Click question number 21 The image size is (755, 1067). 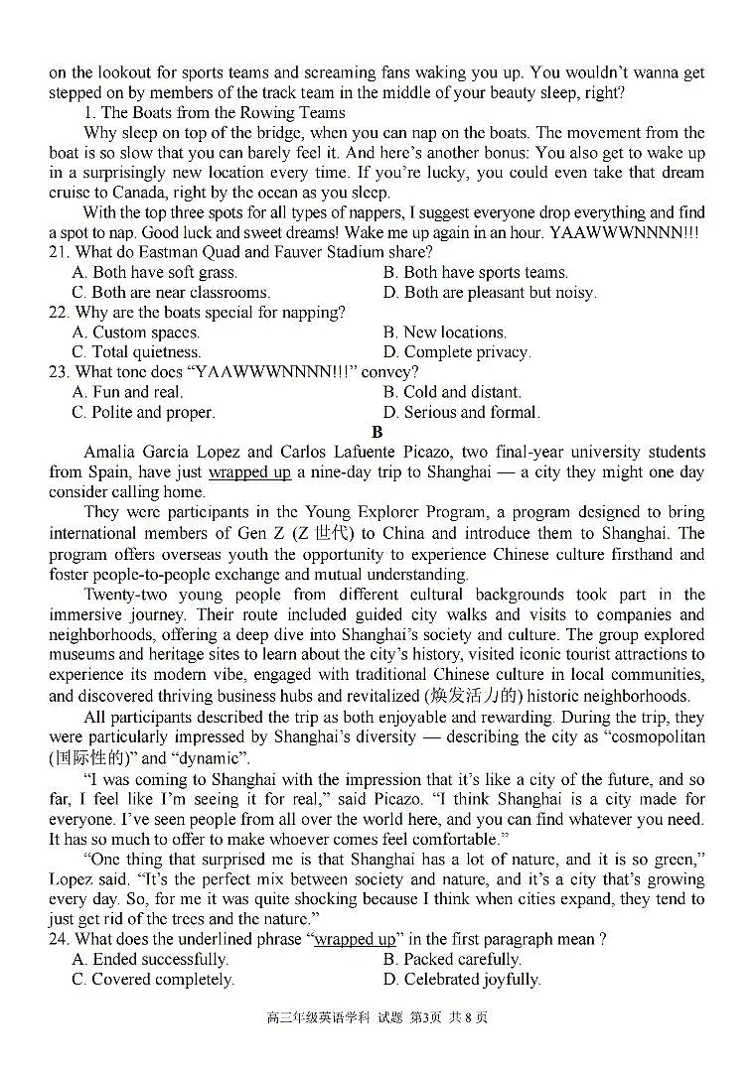pos(59,252)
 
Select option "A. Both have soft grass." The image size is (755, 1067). pos(154,272)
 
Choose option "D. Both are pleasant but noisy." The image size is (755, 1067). pos(489,292)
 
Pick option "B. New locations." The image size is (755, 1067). pos(444,333)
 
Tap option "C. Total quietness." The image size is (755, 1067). pos(136,352)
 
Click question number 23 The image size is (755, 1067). pos(59,372)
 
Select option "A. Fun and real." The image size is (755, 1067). pos(127,392)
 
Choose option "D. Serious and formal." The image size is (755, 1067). pos(461,412)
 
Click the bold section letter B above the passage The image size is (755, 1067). pos(377,432)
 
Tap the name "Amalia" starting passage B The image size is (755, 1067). pos(112,452)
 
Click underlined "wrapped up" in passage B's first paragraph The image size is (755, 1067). pos(249,472)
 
